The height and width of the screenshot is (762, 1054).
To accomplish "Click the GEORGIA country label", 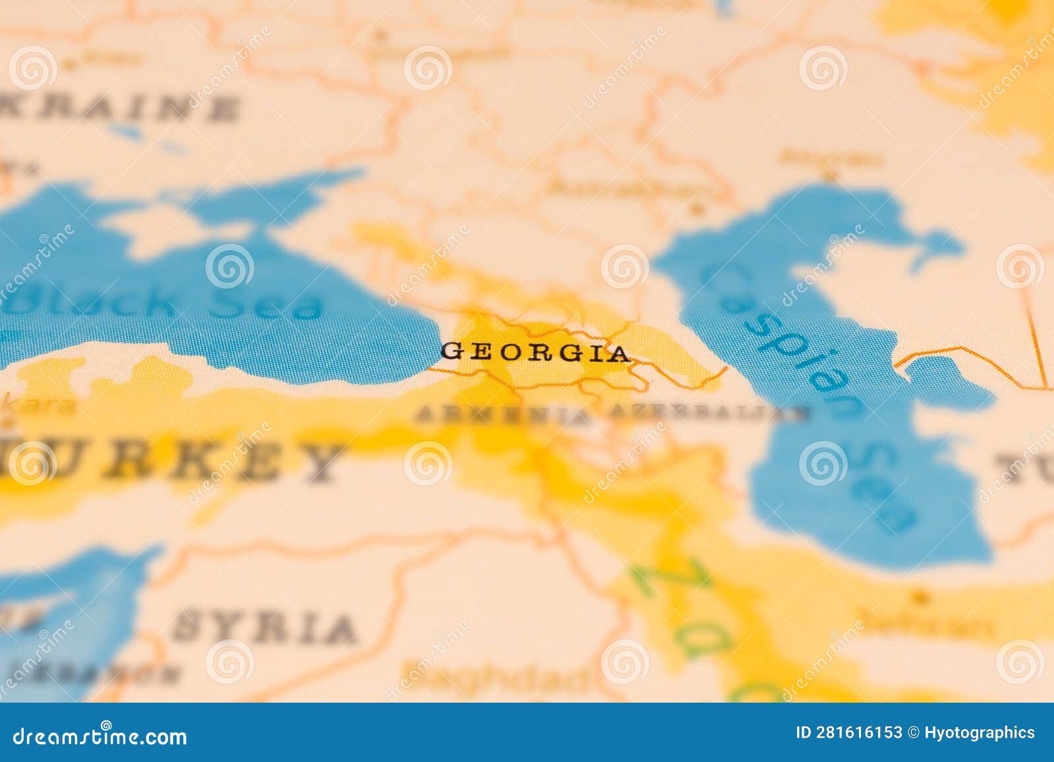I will (x=535, y=353).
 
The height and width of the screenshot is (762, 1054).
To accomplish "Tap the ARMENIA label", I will (x=502, y=415).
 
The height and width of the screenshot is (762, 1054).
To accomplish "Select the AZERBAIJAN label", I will (x=708, y=413).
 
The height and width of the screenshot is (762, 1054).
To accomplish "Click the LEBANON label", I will (x=99, y=673).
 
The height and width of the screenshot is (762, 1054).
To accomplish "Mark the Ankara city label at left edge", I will (x=40, y=404).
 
